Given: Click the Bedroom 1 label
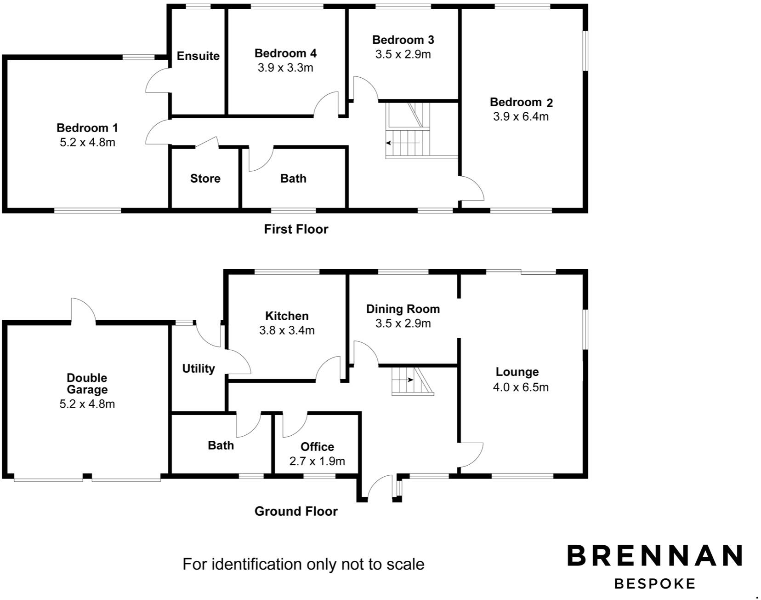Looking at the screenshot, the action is click(x=87, y=127).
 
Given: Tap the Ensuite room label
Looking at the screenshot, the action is click(x=198, y=56).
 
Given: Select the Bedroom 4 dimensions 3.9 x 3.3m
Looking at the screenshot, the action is click(x=285, y=68).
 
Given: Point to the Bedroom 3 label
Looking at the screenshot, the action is click(x=403, y=40).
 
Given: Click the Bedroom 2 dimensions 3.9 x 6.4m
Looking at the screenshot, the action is click(x=521, y=116).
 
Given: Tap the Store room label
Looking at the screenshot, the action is click(x=205, y=179).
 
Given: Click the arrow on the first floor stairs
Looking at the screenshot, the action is click(x=402, y=143).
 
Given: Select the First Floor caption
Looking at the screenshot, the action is click(x=296, y=229).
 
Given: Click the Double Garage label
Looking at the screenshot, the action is click(x=87, y=384).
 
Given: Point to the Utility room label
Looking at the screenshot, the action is click(x=199, y=369).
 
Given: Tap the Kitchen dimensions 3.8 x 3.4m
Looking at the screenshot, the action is click(x=287, y=330).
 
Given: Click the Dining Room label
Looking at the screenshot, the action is click(x=403, y=309).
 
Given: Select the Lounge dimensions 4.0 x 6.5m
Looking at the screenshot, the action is click(x=521, y=387).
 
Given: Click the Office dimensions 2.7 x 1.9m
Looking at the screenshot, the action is click(x=317, y=461).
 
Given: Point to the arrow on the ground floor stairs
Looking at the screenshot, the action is click(x=403, y=380).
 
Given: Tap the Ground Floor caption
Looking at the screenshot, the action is click(x=296, y=511).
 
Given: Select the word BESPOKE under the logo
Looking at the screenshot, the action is click(x=655, y=584).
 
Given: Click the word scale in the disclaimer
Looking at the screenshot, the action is click(x=405, y=564).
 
